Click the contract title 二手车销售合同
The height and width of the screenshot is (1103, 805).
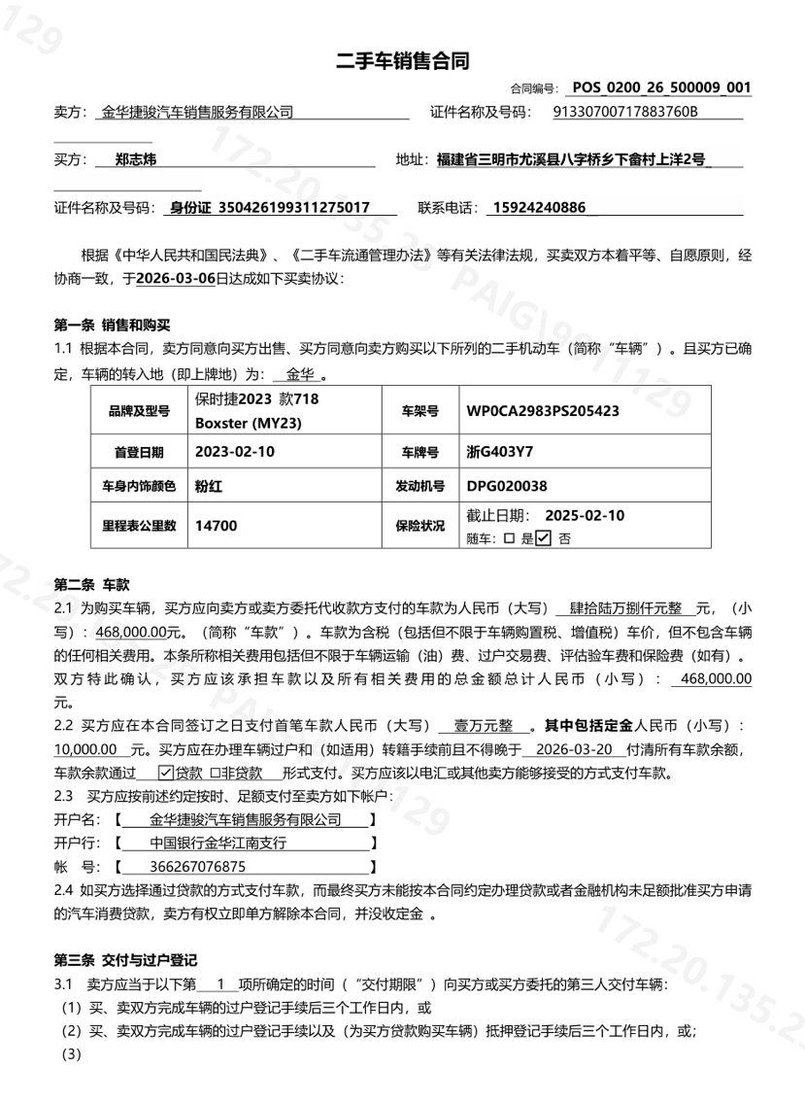click(x=402, y=61)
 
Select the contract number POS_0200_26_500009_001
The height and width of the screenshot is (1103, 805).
click(x=661, y=88)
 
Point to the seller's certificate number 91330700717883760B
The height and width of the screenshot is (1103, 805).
click(x=624, y=112)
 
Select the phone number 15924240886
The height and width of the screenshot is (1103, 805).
click(x=539, y=207)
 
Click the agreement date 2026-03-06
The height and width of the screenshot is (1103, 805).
click(x=176, y=277)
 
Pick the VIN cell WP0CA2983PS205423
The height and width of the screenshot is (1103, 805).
click(x=543, y=410)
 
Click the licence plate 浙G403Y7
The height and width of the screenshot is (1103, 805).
click(x=500, y=452)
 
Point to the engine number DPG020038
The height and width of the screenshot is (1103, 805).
click(x=507, y=486)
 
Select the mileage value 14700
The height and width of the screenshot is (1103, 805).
click(x=215, y=525)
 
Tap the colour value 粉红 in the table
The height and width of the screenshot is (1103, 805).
click(x=209, y=486)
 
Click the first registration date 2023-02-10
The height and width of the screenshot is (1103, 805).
click(x=235, y=452)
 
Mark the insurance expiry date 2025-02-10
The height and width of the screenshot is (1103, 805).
click(x=586, y=515)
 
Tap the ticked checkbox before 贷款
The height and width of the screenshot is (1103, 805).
click(x=166, y=774)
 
